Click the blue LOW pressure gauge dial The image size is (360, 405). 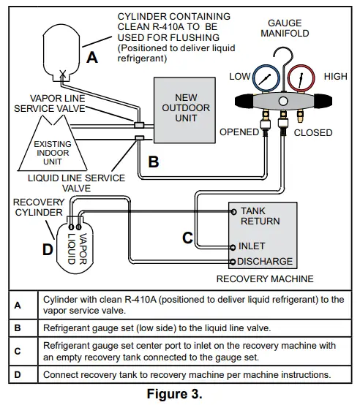click(265, 77)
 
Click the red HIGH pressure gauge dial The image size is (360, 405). click(298, 77)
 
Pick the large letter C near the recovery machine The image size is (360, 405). click(187, 237)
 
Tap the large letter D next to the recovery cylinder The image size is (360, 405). click(48, 249)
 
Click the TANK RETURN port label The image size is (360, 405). click(260, 216)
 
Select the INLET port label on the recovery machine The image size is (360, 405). click(252, 246)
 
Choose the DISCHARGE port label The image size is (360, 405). click(265, 261)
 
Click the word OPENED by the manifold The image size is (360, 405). click(239, 132)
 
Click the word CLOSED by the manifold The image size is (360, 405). click(313, 133)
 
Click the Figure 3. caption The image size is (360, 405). click(180, 395)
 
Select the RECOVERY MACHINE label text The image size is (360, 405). click(265, 279)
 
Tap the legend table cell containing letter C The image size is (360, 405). click(18, 350)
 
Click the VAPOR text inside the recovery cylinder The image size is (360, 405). click(83, 248)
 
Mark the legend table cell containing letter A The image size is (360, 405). click(18, 305)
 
